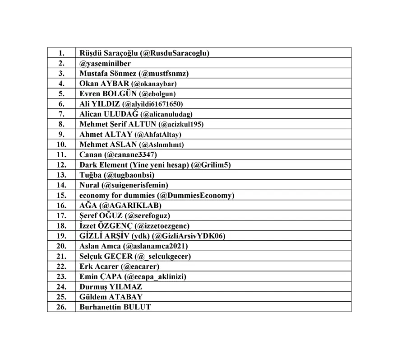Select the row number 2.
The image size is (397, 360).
[61, 63]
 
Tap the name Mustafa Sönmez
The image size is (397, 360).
[108, 73]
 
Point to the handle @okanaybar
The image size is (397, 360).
[153, 84]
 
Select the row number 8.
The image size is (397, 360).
[61, 124]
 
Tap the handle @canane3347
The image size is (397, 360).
[129, 154]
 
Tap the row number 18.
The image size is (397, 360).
[61, 225]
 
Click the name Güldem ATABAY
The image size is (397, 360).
[111, 297]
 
